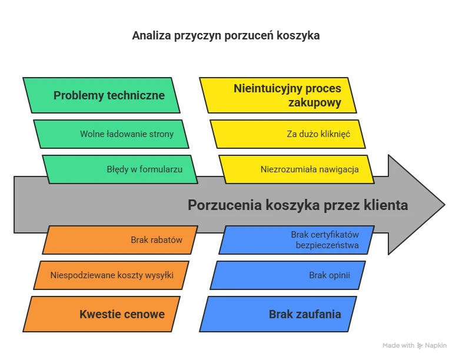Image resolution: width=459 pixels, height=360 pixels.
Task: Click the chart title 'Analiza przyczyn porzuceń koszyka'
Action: tap(226, 36)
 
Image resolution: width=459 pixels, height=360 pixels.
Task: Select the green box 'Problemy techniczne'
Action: tap(101, 95)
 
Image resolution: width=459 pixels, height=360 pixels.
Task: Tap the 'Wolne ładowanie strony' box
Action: tap(111, 134)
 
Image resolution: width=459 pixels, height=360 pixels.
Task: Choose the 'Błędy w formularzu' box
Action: tap(120, 169)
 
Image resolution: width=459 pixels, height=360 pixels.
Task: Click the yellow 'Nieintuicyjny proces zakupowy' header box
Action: tap(278, 95)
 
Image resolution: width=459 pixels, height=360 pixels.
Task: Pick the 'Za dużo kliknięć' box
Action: tap(288, 134)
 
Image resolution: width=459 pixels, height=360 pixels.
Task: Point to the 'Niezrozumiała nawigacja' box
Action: tap(297, 169)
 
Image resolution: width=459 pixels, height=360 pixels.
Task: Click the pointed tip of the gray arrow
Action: tap(445, 205)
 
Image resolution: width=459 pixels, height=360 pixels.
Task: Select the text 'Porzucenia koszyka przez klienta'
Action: tap(298, 205)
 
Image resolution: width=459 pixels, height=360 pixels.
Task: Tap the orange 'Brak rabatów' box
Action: tap(120, 240)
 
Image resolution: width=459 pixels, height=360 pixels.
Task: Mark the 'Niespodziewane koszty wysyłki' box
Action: tap(111, 275)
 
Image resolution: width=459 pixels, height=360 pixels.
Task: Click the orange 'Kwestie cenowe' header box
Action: tap(101, 314)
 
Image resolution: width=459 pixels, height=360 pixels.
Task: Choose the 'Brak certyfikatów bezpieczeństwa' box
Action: tap(297, 240)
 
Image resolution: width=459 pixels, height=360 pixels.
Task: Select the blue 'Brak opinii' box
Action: tap(288, 275)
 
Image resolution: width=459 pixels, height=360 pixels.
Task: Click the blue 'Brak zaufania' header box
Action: tap(278, 314)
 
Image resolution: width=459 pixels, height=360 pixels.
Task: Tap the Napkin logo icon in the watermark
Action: tap(420, 346)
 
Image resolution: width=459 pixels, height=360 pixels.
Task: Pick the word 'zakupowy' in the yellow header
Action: tap(315, 103)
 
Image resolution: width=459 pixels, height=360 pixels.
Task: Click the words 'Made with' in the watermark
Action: tap(398, 346)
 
